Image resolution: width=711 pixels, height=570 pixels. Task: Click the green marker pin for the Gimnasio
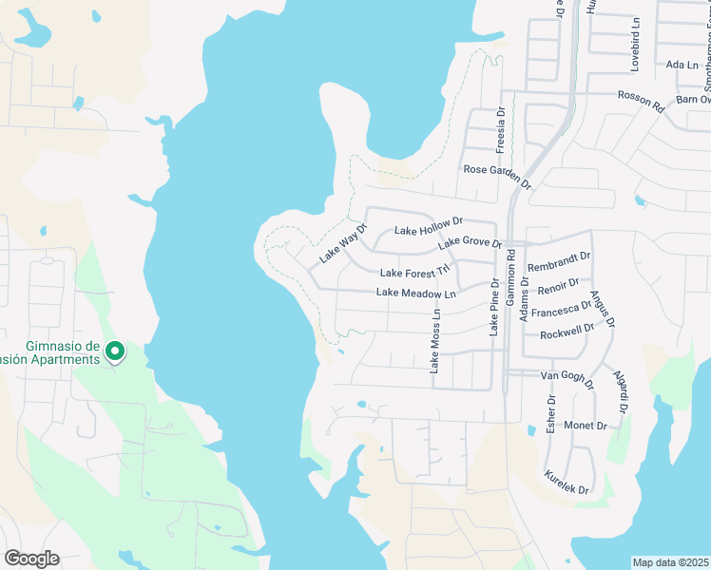click(x=114, y=351)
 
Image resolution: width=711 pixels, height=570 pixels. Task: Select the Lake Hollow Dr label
click(x=428, y=226)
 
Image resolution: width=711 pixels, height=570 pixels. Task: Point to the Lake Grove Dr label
click(x=470, y=244)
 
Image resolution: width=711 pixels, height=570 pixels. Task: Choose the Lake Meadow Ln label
click(x=416, y=293)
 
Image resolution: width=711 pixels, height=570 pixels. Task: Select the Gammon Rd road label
click(x=510, y=276)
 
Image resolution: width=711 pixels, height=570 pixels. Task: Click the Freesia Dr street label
click(x=500, y=130)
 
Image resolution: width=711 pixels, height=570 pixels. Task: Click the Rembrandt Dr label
click(x=559, y=256)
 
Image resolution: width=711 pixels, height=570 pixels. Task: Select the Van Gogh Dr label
click(x=567, y=380)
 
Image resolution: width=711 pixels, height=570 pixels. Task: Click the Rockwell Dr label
click(x=567, y=332)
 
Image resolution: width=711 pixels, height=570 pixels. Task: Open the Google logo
click(x=31, y=559)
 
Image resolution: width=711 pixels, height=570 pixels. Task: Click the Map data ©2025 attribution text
click(x=670, y=562)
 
